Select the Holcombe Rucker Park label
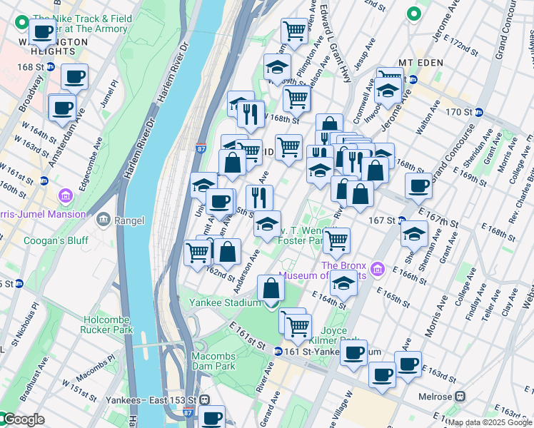[x=108, y=325]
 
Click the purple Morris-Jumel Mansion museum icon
[x=66, y=195]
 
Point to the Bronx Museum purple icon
[x=378, y=270]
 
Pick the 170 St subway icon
[x=479, y=112]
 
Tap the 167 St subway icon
[x=402, y=220]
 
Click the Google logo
[x=23, y=420]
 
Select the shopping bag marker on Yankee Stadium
[x=271, y=289]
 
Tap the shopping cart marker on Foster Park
[x=336, y=240]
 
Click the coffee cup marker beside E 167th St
[x=418, y=185]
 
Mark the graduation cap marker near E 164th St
[x=343, y=285]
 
